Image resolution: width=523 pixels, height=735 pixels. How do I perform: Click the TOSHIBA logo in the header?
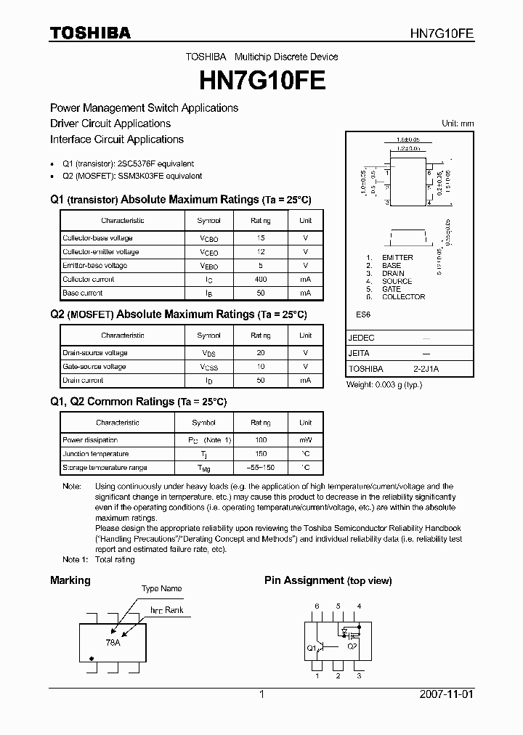click(90, 33)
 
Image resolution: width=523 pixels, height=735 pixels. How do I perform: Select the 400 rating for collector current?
click(261, 280)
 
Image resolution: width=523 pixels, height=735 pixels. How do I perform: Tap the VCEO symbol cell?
click(208, 252)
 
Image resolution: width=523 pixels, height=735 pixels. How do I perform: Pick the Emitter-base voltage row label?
click(94, 266)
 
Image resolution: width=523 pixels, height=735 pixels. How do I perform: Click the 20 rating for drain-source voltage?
click(261, 353)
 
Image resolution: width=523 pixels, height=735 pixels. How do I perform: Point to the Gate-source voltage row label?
click(94, 367)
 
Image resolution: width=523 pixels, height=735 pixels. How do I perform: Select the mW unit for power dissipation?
click(306, 440)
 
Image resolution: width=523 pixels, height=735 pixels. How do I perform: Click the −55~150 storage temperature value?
click(261, 468)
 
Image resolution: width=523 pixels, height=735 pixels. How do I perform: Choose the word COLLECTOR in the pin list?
click(403, 297)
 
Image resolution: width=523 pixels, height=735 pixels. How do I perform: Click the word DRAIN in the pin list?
click(393, 273)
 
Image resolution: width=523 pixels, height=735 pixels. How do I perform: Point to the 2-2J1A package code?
click(426, 369)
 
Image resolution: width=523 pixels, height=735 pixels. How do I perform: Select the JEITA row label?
click(359, 354)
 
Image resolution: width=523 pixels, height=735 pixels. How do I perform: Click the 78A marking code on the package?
click(113, 643)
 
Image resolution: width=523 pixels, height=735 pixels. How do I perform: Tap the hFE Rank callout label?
click(167, 610)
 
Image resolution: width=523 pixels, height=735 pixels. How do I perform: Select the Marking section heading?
click(70, 580)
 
